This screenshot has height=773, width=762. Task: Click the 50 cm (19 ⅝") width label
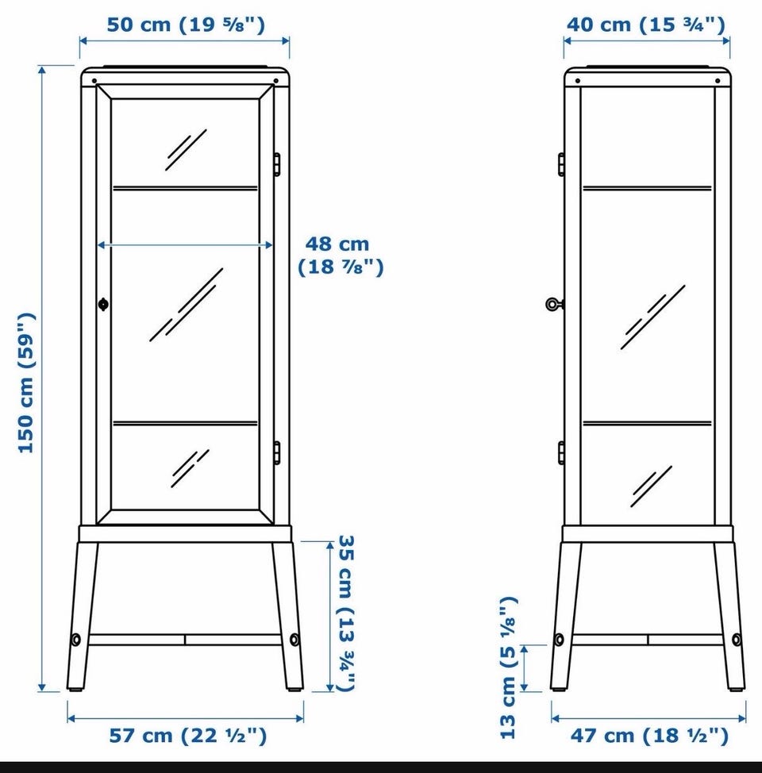pyautogui.click(x=186, y=25)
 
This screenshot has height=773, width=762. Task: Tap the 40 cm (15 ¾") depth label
pyautogui.click(x=646, y=25)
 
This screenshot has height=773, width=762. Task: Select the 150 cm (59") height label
pyautogui.click(x=27, y=383)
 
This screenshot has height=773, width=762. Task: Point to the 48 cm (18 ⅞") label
pyautogui.click(x=341, y=256)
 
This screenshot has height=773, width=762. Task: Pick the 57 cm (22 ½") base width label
pyautogui.click(x=188, y=736)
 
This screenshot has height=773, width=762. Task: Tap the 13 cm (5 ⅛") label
pyautogui.click(x=509, y=667)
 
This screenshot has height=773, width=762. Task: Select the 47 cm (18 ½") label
pyautogui.click(x=649, y=736)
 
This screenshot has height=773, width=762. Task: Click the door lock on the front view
pyautogui.click(x=103, y=304)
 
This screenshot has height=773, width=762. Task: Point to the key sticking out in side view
pyautogui.click(x=555, y=304)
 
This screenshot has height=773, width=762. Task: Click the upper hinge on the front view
pyautogui.click(x=277, y=164)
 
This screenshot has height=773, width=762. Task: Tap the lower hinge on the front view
pyautogui.click(x=277, y=452)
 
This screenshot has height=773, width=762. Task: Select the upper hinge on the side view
pyautogui.click(x=562, y=164)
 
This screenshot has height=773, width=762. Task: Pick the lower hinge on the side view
pyautogui.click(x=562, y=452)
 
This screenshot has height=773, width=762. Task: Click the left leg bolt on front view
pyautogui.click(x=76, y=640)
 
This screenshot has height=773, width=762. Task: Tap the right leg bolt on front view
pyautogui.click(x=294, y=640)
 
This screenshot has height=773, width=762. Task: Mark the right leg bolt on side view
pyautogui.click(x=737, y=640)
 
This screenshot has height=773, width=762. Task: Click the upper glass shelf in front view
pyautogui.click(x=186, y=188)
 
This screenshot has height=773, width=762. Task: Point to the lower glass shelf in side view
pyautogui.click(x=648, y=423)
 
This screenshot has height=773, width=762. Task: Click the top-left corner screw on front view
pyautogui.click(x=94, y=81)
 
